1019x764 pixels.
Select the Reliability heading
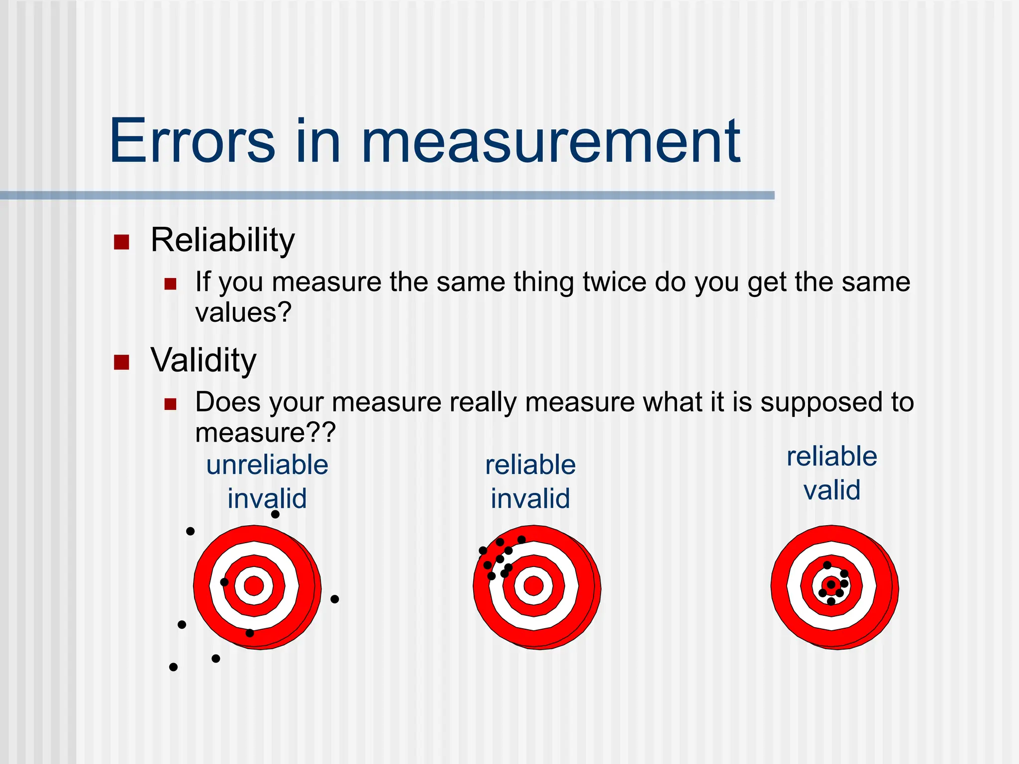tap(222, 240)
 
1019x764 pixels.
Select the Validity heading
tap(204, 360)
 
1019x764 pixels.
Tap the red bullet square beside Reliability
tap(121, 242)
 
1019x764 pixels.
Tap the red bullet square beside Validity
tap(121, 363)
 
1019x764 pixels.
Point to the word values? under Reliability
tap(243, 313)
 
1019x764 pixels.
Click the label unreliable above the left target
tap(267, 465)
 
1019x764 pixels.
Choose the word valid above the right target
tap(832, 490)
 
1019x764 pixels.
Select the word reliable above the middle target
tap(530, 465)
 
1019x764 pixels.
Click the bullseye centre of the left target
tap(254, 586)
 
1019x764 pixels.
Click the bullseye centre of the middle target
tap(533, 586)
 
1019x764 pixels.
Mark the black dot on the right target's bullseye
tap(831, 584)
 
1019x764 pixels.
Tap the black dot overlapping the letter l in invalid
tap(275, 514)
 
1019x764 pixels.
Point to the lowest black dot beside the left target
tap(173, 667)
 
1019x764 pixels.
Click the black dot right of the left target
tap(335, 599)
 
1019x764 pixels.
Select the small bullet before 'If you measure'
tap(171, 284)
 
